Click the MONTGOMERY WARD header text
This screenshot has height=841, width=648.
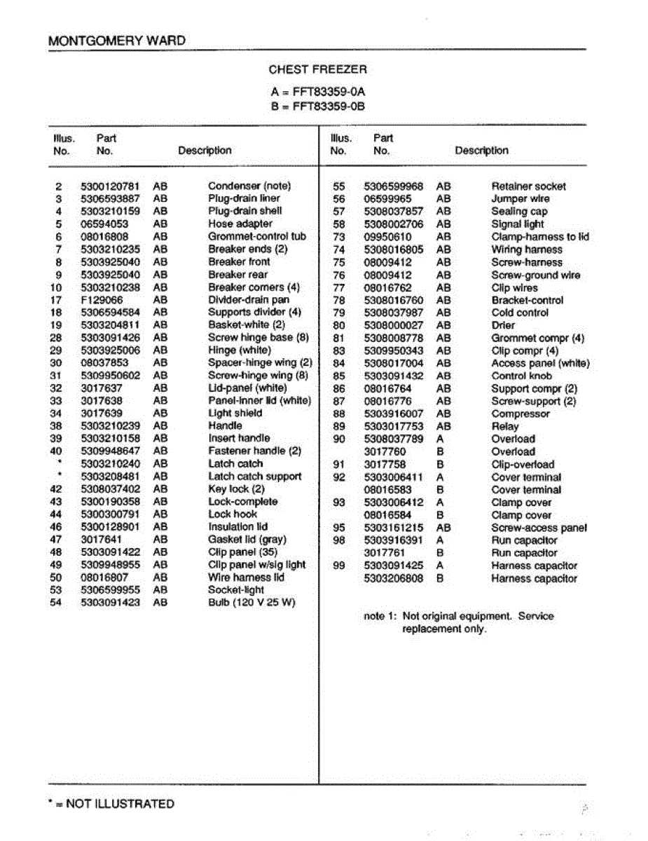point(117,41)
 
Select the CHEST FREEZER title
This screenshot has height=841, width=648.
point(317,69)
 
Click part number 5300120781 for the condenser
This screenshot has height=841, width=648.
point(110,186)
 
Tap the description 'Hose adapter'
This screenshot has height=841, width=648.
point(240,224)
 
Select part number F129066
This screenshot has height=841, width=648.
point(102,300)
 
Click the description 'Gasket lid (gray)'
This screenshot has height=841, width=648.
point(247,540)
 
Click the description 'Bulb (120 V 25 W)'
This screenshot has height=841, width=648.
point(251,603)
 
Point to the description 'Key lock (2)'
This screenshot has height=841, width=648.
point(236,489)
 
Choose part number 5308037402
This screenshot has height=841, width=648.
point(110,489)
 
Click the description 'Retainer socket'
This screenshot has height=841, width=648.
point(528,186)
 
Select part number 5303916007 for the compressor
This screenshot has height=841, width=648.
point(394,414)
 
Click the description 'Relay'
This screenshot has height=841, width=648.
point(505,427)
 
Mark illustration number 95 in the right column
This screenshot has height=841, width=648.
point(339,528)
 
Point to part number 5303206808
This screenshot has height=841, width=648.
point(394,579)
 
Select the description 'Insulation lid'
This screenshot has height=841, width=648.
point(237,527)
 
